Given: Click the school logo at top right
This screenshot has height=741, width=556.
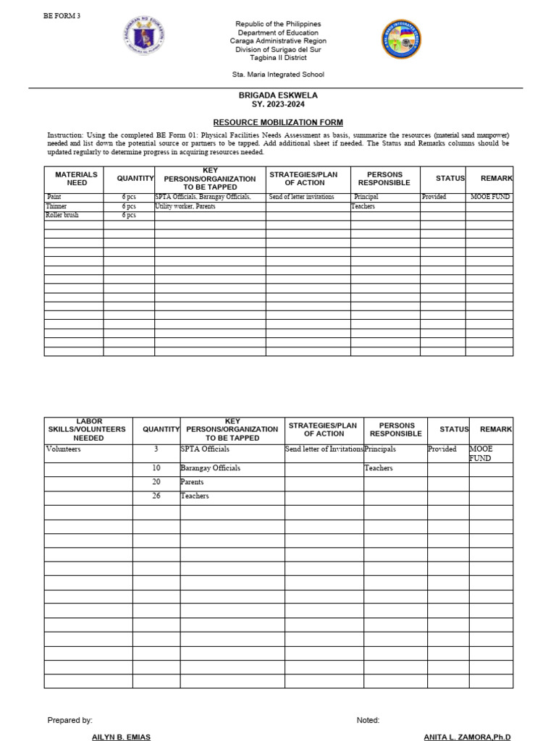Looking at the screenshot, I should [x=400, y=40].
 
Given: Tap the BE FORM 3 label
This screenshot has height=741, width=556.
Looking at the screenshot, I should [x=62, y=16].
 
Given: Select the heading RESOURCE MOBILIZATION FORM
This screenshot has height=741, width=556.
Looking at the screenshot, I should [x=277, y=122].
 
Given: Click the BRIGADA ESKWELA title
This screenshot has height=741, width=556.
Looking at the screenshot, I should [x=278, y=96].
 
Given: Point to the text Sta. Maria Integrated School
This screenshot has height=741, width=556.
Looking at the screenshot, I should [x=277, y=75].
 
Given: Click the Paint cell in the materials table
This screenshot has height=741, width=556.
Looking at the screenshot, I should [x=55, y=197].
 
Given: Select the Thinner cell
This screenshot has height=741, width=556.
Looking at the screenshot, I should [x=57, y=206].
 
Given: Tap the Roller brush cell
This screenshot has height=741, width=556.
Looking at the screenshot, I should [x=62, y=216].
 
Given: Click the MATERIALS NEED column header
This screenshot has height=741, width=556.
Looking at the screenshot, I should [x=76, y=179].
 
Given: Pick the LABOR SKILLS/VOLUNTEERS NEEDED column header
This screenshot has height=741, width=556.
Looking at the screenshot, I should [x=88, y=429].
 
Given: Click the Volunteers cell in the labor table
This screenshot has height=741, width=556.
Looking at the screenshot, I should [x=64, y=449].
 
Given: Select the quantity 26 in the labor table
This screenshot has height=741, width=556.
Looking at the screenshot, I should [x=156, y=496].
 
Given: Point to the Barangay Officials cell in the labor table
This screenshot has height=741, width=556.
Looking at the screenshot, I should [x=210, y=468].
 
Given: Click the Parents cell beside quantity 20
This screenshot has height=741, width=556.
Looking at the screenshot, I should [x=192, y=482].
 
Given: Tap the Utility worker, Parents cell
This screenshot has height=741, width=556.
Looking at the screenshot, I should [x=185, y=206].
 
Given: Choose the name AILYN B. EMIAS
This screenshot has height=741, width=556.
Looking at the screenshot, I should [x=122, y=736].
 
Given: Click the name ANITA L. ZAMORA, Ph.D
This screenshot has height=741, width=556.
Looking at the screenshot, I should [x=467, y=736].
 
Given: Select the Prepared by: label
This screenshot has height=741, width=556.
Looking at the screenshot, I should [x=69, y=720].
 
